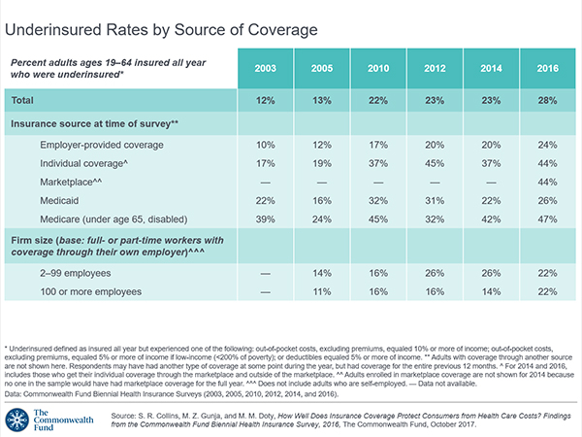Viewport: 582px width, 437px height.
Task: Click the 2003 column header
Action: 266,69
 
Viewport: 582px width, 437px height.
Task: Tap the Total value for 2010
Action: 378,101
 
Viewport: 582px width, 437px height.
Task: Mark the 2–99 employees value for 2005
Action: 322,275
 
